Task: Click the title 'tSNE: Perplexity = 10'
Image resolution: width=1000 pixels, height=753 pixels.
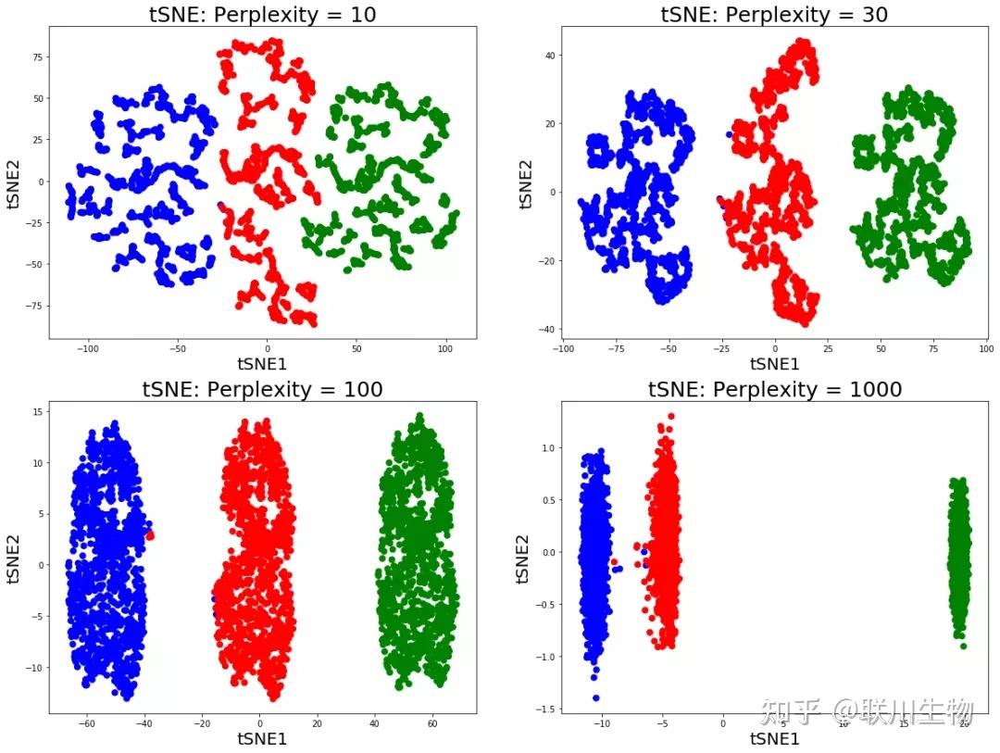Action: click(262, 14)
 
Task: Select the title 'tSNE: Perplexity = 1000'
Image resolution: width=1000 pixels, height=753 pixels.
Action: click(774, 390)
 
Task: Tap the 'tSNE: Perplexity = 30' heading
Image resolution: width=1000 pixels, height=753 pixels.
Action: click(774, 14)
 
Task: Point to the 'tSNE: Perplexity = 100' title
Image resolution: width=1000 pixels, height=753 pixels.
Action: click(262, 390)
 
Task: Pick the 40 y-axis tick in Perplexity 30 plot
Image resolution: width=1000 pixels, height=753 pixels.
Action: click(548, 56)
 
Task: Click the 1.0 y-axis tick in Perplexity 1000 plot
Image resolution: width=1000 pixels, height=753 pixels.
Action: click(546, 448)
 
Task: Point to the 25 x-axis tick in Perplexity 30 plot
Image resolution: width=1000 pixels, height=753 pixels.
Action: click(828, 349)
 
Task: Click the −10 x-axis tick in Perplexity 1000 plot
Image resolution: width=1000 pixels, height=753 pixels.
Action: click(602, 725)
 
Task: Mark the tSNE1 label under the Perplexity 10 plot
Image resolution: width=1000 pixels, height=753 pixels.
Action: click(262, 364)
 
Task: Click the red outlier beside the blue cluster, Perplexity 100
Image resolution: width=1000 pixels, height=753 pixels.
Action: click(149, 535)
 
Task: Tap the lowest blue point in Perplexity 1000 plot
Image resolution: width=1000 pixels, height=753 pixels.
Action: click(595, 697)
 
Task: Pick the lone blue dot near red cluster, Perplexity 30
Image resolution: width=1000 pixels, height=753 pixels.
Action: click(729, 135)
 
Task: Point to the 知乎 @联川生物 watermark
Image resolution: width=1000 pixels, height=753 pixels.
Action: click(866, 711)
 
